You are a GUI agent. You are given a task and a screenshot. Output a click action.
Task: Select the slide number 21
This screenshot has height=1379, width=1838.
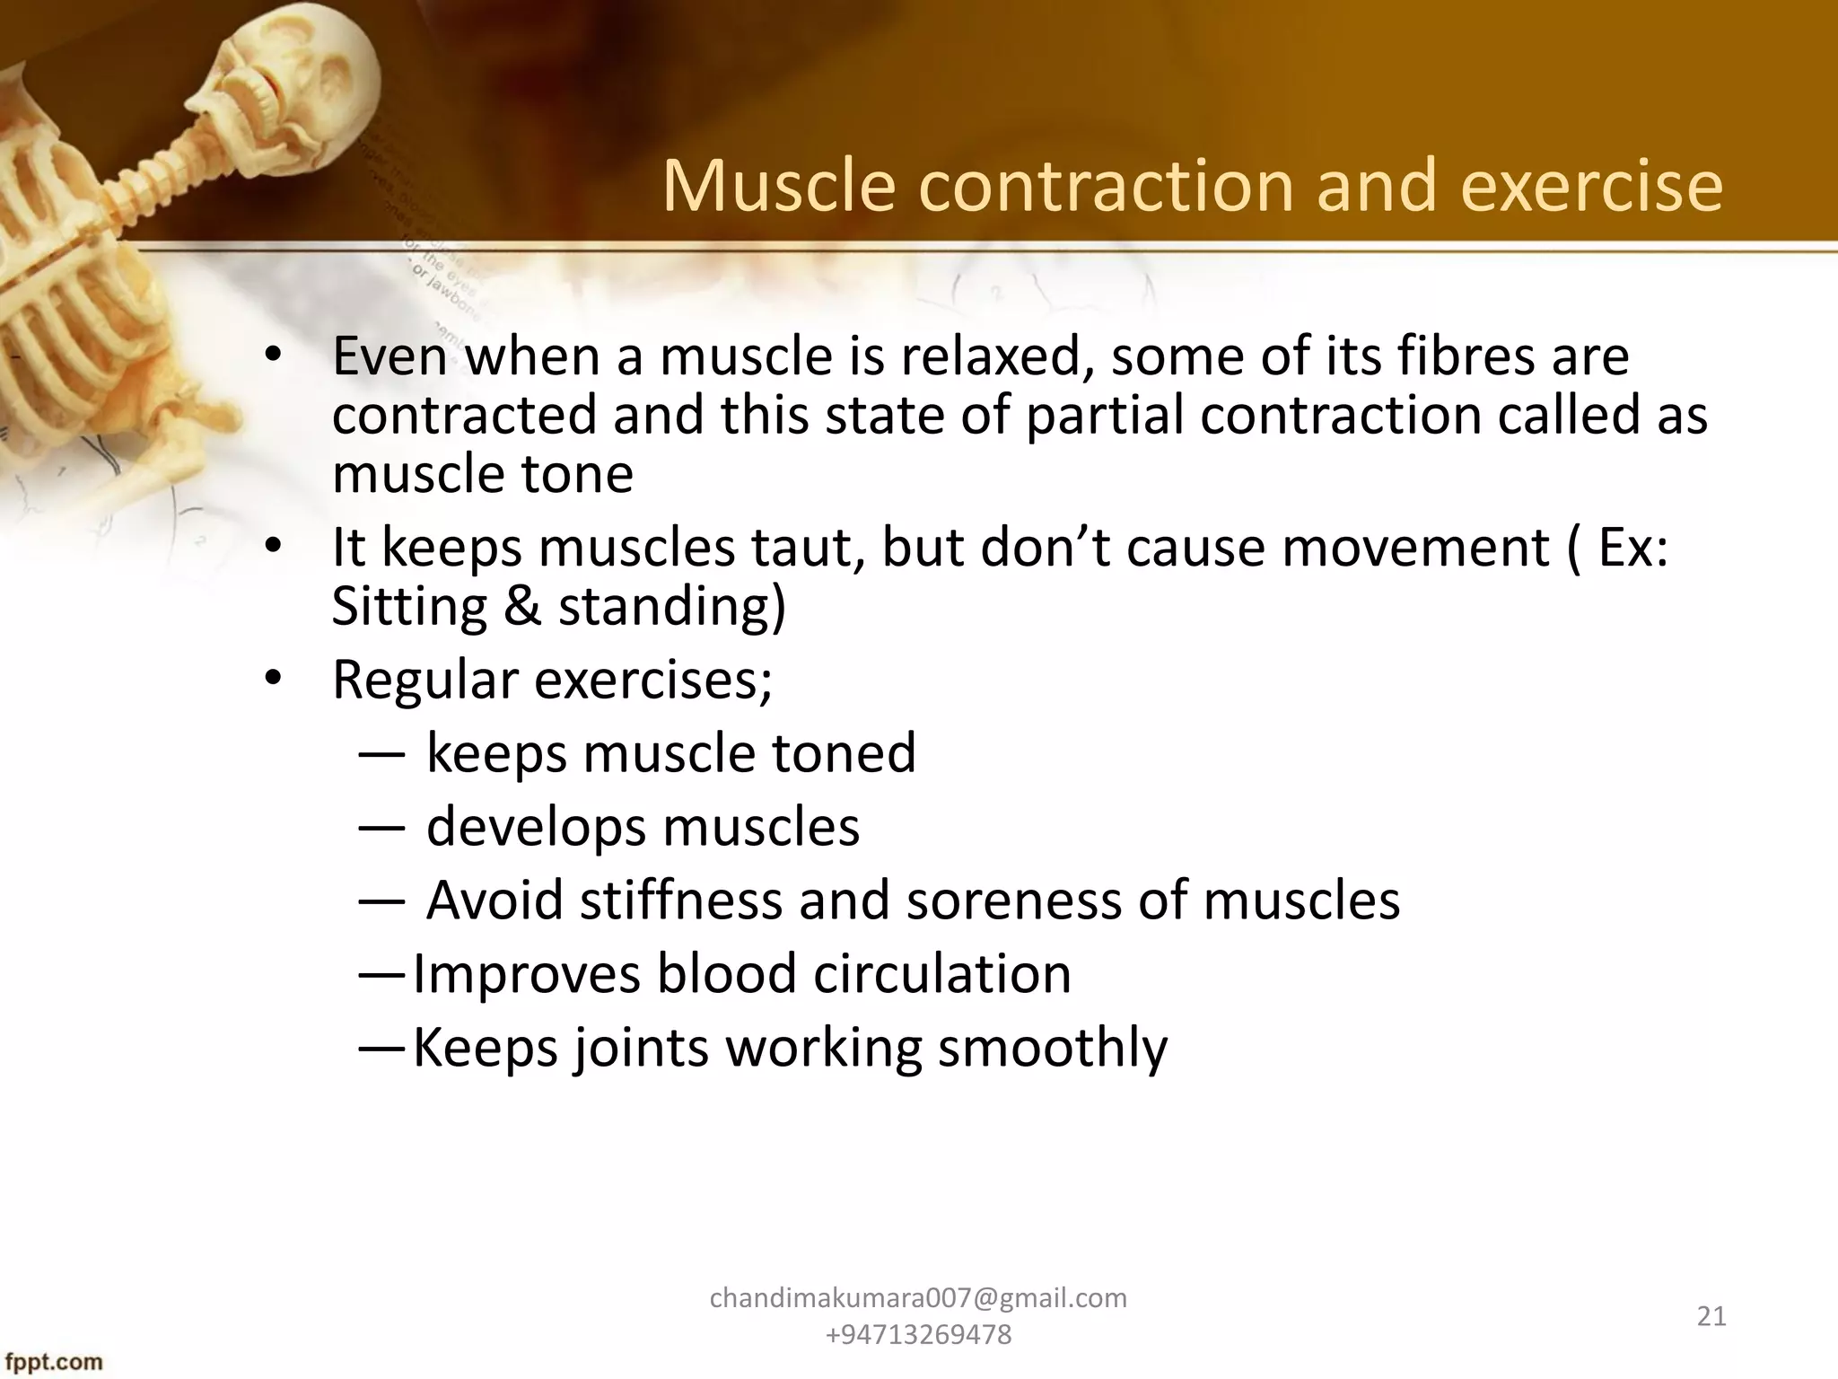(1711, 1316)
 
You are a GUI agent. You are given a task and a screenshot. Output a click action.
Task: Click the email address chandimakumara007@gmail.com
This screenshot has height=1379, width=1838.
(918, 1298)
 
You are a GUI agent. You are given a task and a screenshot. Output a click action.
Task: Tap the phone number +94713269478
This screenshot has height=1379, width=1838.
(918, 1335)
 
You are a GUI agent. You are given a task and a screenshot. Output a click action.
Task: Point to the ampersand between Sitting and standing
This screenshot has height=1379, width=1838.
(522, 607)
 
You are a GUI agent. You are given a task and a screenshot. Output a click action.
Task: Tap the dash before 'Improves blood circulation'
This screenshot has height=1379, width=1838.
(382, 974)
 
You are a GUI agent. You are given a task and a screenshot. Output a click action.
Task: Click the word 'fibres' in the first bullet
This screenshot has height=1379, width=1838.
(1469, 356)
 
